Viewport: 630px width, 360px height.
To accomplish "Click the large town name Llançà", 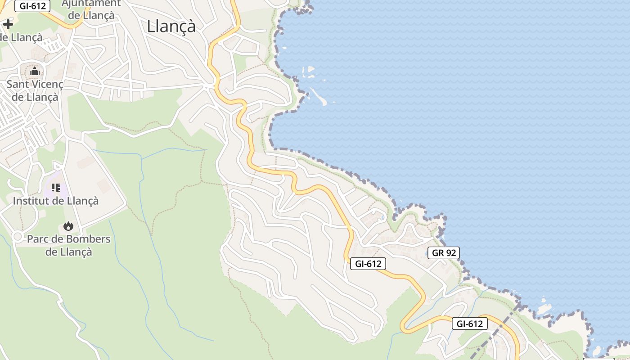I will (171, 26).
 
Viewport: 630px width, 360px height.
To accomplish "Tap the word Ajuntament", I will (91, 4).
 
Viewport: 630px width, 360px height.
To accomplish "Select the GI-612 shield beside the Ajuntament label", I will (32, 6).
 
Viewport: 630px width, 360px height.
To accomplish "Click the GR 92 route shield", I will (443, 253).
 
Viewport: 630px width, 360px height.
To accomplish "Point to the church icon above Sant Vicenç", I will (35, 71).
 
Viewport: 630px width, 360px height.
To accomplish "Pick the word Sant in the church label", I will (17, 84).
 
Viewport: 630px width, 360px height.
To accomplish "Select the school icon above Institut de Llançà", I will (56, 187).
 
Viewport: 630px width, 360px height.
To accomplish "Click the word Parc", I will (37, 239).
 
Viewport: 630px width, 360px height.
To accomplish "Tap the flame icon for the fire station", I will (68, 226).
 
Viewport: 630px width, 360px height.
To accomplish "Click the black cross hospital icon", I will (8, 24).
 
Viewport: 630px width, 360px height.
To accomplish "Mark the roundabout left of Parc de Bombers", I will (18, 236).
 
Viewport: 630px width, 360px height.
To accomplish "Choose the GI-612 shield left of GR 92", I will (368, 264).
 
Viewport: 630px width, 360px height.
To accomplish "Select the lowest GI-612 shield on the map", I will (469, 324).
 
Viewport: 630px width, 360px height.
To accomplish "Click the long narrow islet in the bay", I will (318, 96).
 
